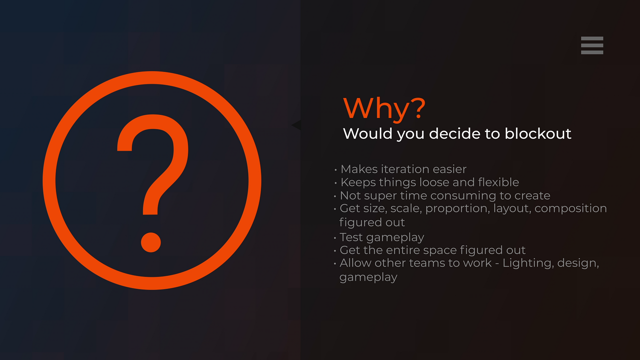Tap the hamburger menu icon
pyautogui.click(x=592, y=45)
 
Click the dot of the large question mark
pyautogui.click(x=151, y=242)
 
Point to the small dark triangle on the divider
pyautogui.click(x=296, y=125)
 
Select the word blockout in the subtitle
pyautogui.click(x=538, y=134)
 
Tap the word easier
pyautogui.click(x=449, y=169)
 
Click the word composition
pyautogui.click(x=570, y=209)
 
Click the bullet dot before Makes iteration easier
pyautogui.click(x=335, y=170)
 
